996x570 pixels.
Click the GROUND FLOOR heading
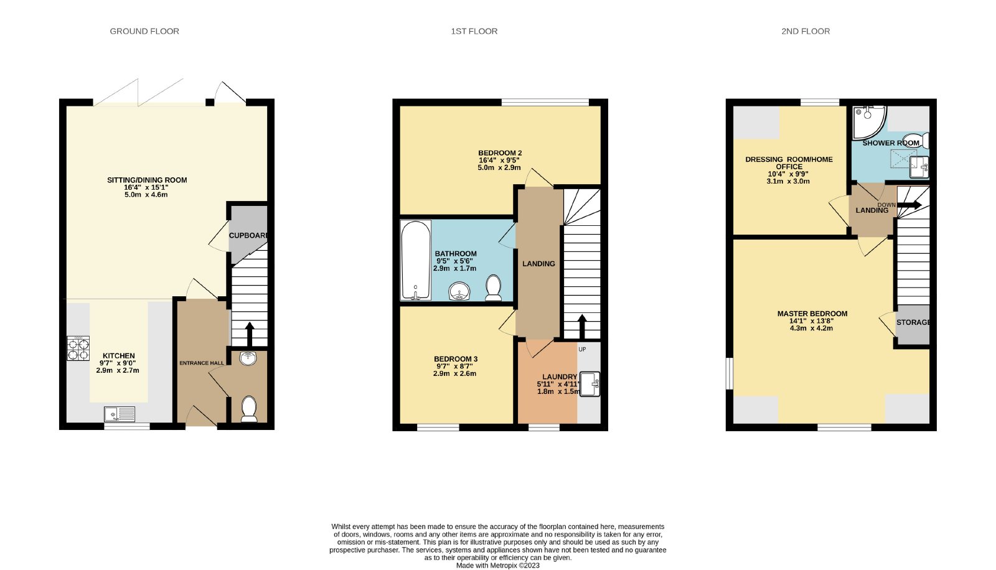pos(144,31)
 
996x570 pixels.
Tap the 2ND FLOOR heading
pos(806,31)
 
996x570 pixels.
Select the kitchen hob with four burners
pos(78,348)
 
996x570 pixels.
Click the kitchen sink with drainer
pos(120,414)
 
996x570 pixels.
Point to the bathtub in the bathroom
pos(416,261)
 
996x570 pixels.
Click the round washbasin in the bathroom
pos(459,292)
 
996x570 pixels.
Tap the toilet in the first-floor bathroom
pos(494,287)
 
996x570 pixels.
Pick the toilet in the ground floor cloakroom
pos(249,409)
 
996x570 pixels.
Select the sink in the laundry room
pos(590,384)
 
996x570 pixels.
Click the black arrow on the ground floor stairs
pos(250,334)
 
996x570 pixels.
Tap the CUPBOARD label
pos(248,235)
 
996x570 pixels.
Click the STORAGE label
pos(913,322)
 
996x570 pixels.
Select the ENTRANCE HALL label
pos(202,363)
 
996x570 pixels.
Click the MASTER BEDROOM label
pos(812,314)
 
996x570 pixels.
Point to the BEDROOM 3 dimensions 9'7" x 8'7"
pos(456,367)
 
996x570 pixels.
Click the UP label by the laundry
pos(583,350)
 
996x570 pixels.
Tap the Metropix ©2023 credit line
pos(497,566)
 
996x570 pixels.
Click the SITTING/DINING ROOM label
pos(147,180)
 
